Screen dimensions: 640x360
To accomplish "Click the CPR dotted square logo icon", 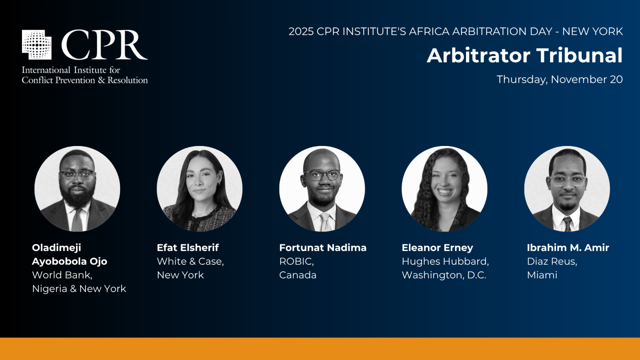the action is [36, 44].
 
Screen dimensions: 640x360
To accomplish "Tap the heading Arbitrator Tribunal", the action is [524, 55].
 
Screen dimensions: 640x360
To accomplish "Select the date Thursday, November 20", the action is [560, 80].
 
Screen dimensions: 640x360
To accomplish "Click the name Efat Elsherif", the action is [188, 248].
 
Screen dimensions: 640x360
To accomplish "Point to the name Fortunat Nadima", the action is [323, 248].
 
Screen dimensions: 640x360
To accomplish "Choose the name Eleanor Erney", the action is [438, 248].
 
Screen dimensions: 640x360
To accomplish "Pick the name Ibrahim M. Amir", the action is [568, 248].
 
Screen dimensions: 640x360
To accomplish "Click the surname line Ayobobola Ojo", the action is [70, 262].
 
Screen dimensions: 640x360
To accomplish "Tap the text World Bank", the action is [61, 275].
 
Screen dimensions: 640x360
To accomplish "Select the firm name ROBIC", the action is [296, 261].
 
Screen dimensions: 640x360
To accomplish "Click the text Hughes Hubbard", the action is [444, 261].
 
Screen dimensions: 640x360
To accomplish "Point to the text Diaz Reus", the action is [551, 261].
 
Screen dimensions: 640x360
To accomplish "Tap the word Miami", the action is [542, 275].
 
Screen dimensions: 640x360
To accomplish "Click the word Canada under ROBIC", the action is [298, 275].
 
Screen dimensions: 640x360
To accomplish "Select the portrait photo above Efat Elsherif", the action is [200, 188].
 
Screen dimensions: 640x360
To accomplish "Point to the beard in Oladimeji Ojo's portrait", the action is [77, 196].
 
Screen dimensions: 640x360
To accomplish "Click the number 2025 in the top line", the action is [301, 32].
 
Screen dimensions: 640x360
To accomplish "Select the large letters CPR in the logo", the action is [104, 45].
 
